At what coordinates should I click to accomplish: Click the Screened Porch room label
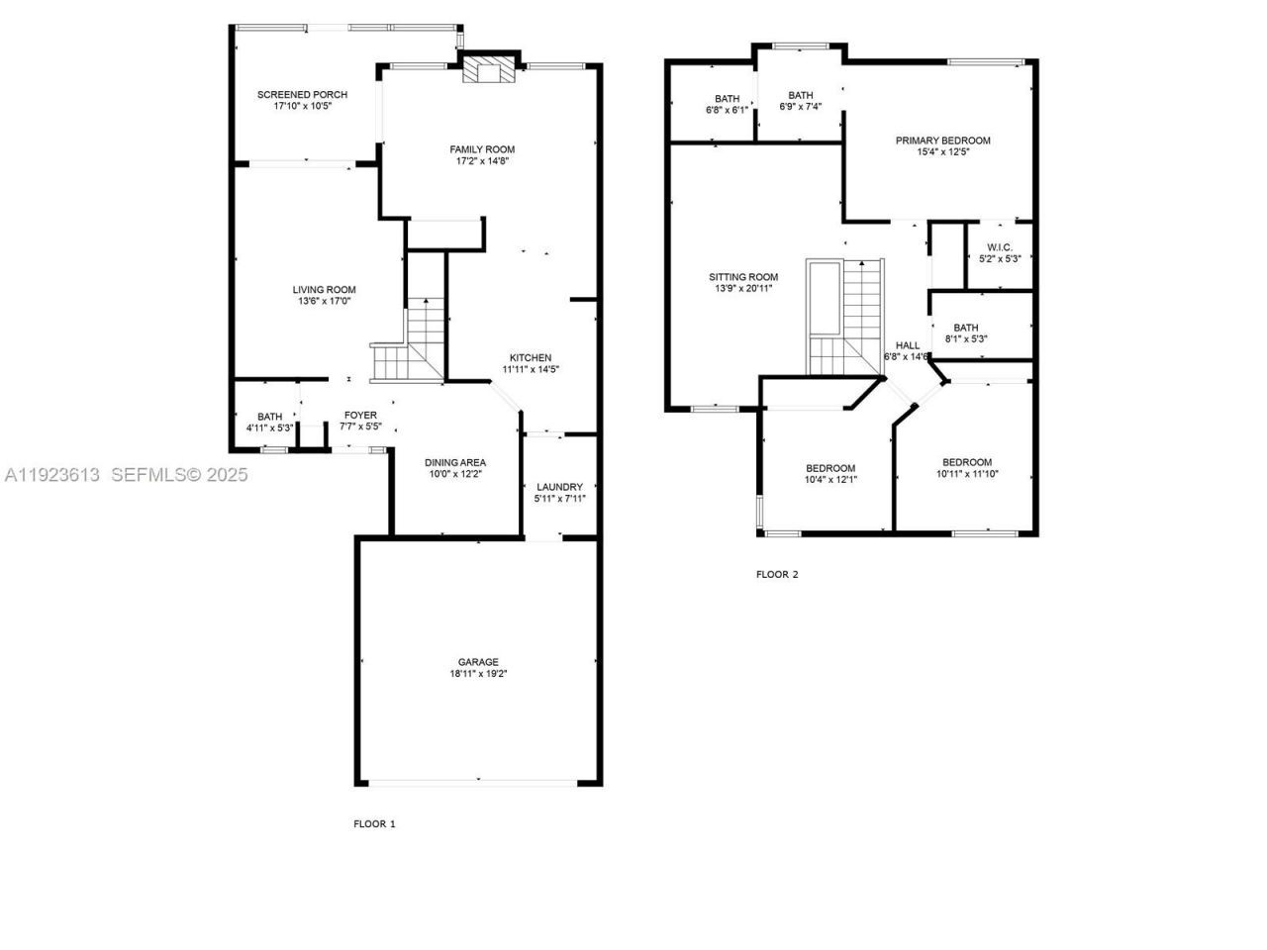point(302,95)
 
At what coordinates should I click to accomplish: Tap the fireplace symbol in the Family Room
point(489,70)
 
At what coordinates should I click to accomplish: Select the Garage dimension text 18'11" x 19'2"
point(478,674)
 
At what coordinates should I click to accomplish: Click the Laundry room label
point(559,487)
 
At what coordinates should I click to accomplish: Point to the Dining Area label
point(455,462)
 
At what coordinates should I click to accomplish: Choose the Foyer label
point(360,416)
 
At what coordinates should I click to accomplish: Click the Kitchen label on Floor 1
point(531,358)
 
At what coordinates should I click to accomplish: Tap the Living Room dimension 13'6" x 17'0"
point(324,301)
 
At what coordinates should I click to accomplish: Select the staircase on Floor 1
point(409,342)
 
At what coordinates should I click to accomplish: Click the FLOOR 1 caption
point(374,823)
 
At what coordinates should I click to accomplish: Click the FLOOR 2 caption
point(777,574)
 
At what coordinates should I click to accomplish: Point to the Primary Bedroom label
point(942,141)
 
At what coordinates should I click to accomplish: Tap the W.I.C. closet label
point(999,247)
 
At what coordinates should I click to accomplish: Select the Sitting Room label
point(743,277)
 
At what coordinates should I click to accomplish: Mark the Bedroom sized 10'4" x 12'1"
point(830,468)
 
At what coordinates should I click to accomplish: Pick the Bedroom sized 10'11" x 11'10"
point(966,462)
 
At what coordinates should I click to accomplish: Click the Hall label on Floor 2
point(907,345)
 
